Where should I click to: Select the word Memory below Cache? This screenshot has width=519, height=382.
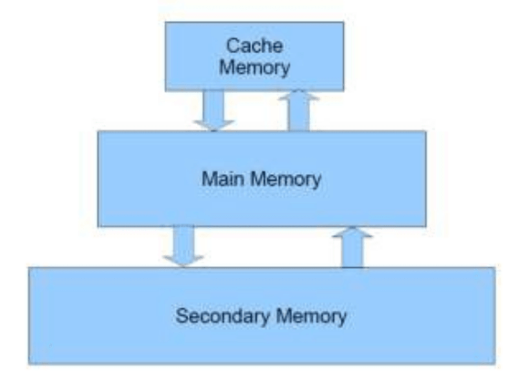(254, 67)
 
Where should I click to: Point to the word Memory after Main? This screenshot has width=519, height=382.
(285, 180)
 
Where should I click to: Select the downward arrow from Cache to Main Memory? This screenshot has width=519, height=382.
(213, 110)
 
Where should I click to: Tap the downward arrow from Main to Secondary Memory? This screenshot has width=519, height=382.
(184, 246)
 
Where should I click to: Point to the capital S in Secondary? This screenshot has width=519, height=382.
(182, 316)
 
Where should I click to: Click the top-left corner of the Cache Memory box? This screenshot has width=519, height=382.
(166, 23)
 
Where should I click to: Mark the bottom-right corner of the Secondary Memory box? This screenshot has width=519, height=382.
(494, 363)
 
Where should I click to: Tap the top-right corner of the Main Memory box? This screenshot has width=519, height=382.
(426, 132)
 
